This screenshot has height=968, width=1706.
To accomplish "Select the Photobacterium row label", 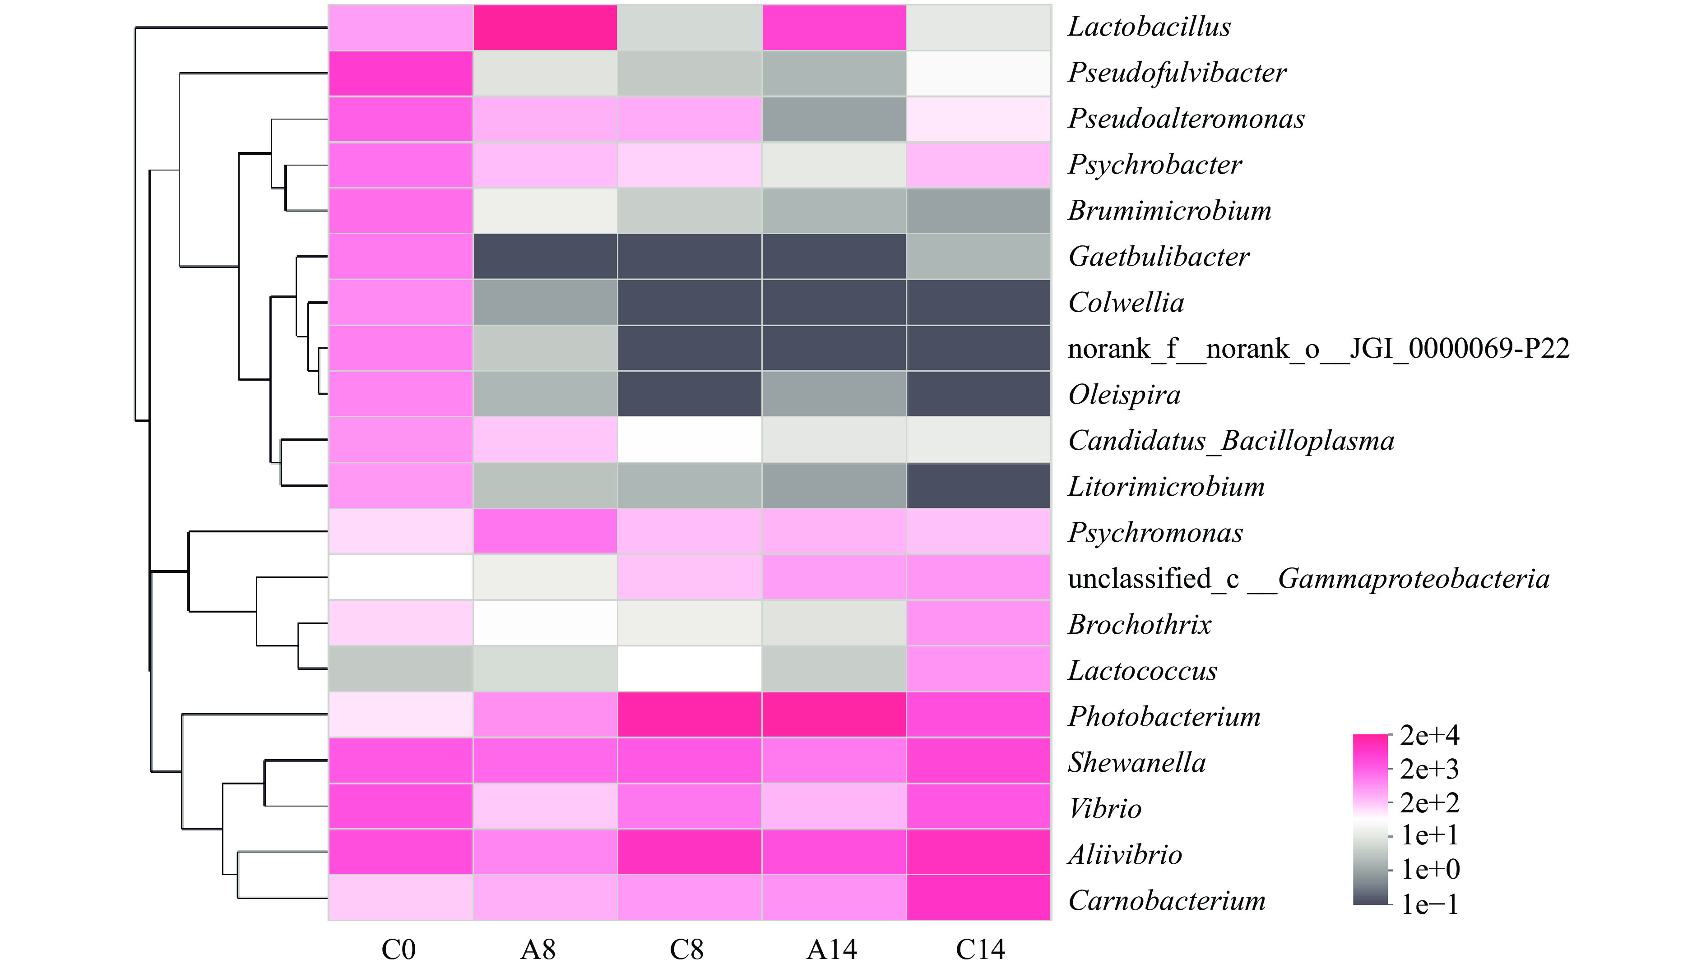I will tap(1164, 716).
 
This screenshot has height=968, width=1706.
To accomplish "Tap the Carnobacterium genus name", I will tap(1167, 900).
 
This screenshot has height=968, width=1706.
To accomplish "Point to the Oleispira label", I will tap(1124, 394).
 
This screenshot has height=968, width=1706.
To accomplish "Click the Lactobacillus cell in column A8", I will tap(545, 27).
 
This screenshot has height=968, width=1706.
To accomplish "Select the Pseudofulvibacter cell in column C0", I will tap(400, 73).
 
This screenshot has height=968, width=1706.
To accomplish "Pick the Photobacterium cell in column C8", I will tap(690, 714).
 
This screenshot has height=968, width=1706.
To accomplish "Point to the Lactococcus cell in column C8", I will tap(690, 669).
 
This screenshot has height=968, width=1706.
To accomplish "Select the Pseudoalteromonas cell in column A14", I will tap(834, 119).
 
